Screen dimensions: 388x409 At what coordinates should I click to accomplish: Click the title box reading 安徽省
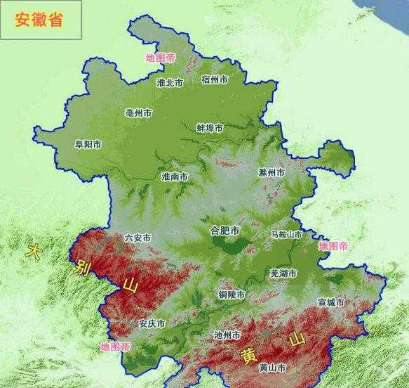[x=40, y=19]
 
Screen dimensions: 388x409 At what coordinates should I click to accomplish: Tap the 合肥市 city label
[x=224, y=231]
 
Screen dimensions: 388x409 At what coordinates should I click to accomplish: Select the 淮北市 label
[x=170, y=83]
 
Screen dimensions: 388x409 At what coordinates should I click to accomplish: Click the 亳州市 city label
[x=138, y=112]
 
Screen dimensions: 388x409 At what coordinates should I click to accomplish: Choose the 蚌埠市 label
[x=209, y=129]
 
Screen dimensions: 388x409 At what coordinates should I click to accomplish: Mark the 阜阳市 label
[x=88, y=145]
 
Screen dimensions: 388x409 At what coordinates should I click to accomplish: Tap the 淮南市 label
[x=175, y=176]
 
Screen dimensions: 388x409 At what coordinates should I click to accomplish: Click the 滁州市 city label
[x=271, y=172]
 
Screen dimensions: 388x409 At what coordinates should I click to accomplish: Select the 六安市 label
[x=137, y=238]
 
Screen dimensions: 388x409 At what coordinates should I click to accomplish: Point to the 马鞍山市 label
[x=286, y=234]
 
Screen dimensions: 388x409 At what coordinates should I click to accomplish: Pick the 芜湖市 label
[x=283, y=273]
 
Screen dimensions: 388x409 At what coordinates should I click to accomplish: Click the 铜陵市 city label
[x=232, y=294]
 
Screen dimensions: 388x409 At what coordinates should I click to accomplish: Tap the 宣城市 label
[x=331, y=302]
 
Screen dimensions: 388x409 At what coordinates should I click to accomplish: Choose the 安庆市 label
[x=152, y=324]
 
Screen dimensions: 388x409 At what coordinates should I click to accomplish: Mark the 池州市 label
[x=227, y=335]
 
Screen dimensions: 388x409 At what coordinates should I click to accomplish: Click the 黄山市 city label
[x=271, y=368]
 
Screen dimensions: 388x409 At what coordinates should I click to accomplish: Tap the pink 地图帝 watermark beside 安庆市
[x=115, y=347]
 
